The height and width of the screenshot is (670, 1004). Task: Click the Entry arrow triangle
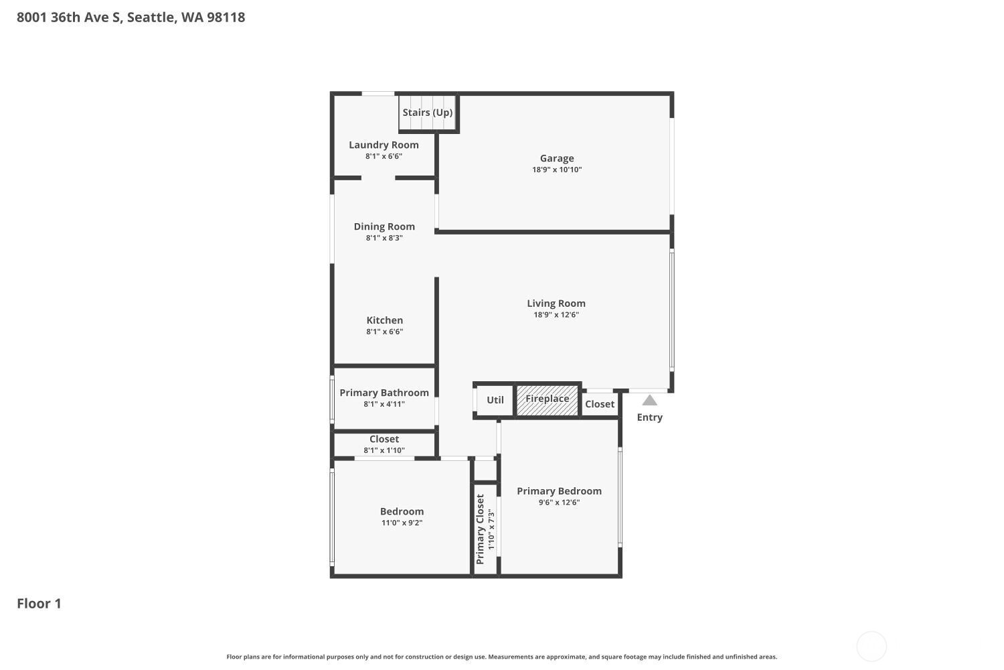coord(649,400)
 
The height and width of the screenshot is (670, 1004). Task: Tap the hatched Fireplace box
coord(548,400)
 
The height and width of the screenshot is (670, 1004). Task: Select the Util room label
coord(495,400)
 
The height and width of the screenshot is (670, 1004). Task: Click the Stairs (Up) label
coord(427,112)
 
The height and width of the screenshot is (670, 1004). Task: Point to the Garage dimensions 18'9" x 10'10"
coord(557,170)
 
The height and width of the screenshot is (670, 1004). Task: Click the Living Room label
coord(556,304)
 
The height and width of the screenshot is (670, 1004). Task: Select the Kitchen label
coord(385,320)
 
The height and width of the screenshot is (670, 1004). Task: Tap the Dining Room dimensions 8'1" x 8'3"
coord(384,238)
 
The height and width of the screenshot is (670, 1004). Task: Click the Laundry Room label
coord(384,145)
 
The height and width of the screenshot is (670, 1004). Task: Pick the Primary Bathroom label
coord(384,393)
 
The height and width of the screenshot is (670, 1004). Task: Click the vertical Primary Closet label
coord(480,529)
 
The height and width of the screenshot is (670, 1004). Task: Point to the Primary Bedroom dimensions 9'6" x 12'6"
coord(559,502)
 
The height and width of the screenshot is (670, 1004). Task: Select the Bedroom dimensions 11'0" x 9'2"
coord(402,523)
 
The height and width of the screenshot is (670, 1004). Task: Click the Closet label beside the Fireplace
coord(599,404)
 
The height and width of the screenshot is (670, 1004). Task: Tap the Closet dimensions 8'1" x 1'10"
coord(384,450)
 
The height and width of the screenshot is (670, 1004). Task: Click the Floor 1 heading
coord(39,604)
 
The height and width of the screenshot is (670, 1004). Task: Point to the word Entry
coord(649,417)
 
